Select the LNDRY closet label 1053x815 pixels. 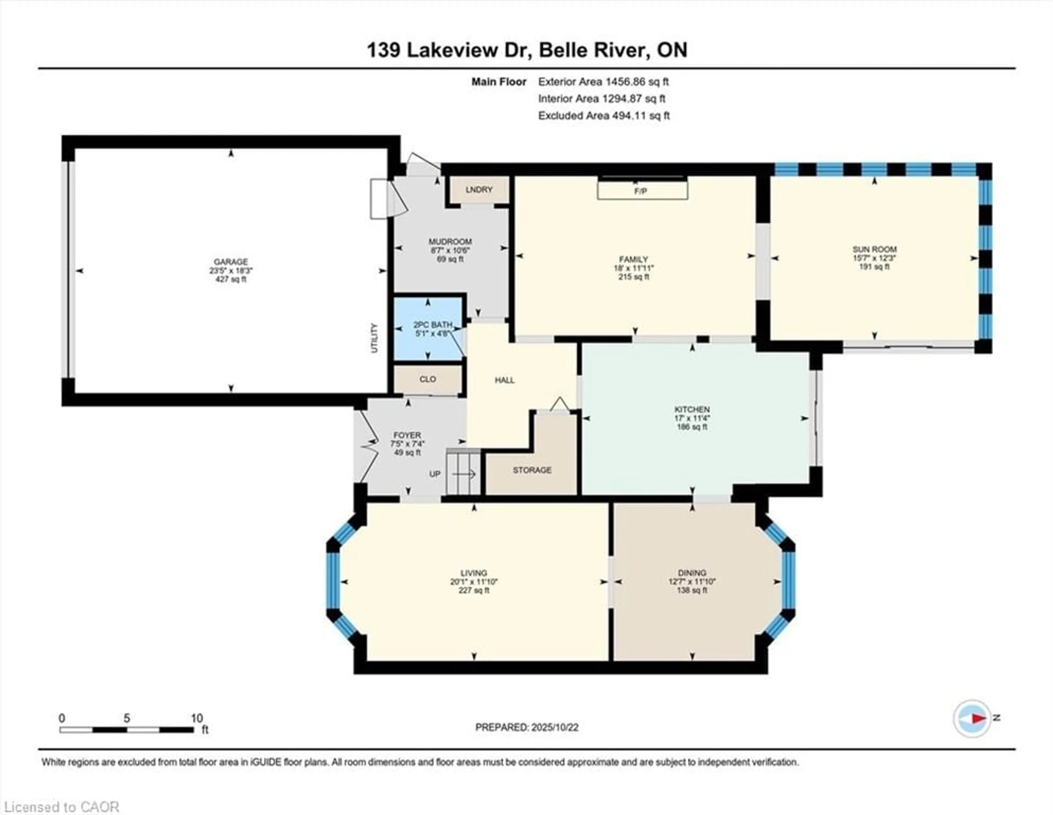[479, 190]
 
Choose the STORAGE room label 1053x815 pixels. [532, 470]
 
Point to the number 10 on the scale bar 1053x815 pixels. [196, 718]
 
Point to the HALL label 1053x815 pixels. [504, 380]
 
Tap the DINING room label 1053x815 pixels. [692, 573]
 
